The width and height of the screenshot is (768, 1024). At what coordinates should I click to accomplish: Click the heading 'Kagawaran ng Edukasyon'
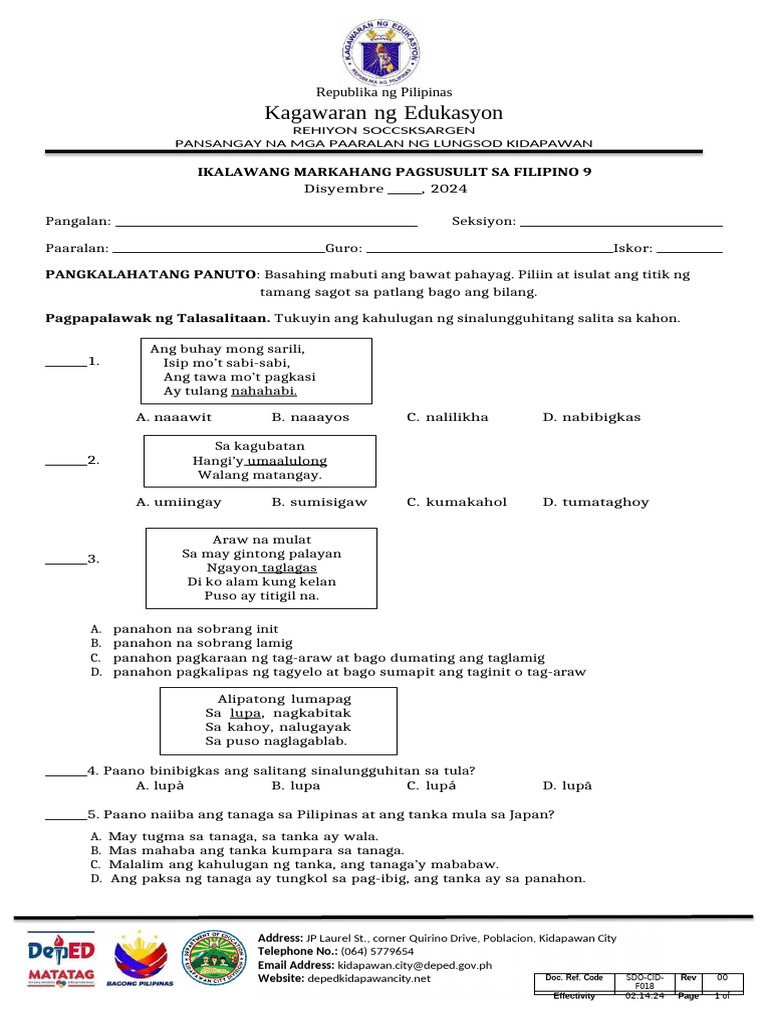(x=383, y=112)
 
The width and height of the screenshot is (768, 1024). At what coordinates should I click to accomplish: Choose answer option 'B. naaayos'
(x=310, y=417)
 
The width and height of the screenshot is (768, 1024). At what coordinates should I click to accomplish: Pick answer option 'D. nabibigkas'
(x=591, y=417)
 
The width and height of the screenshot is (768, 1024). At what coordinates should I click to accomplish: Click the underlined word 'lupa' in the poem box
(x=245, y=713)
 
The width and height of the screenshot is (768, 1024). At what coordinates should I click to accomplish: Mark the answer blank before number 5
(x=66, y=814)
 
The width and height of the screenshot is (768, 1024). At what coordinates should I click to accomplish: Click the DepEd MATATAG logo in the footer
(x=61, y=959)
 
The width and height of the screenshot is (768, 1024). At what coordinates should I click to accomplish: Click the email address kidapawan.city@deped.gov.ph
(x=415, y=965)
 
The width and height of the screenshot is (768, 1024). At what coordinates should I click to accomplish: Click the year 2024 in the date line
(x=449, y=188)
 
